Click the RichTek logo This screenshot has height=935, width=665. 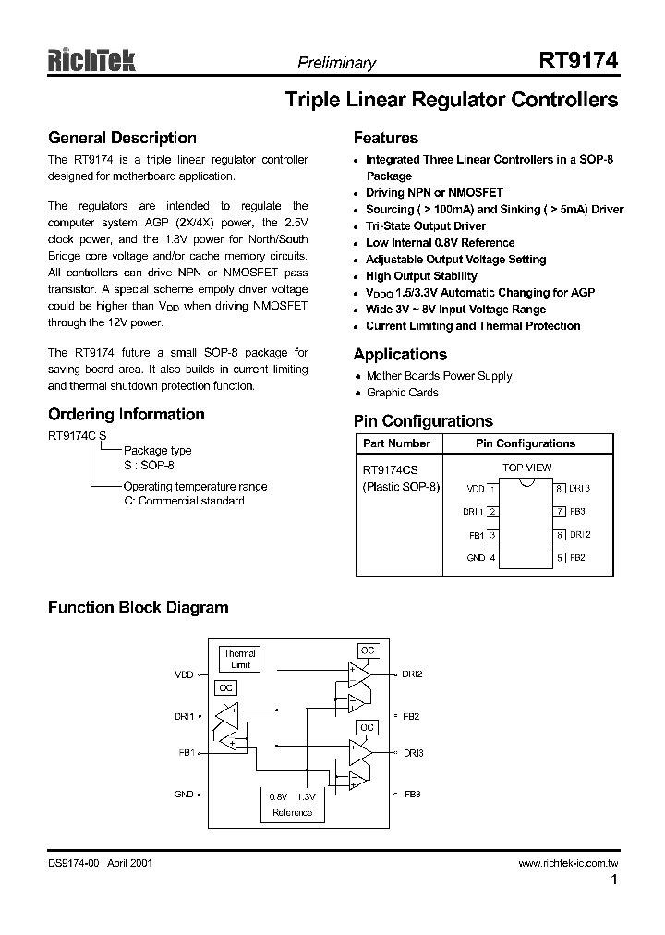coord(91,61)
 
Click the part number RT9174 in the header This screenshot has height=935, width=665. coord(578,61)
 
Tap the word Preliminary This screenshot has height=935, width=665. coord(336,63)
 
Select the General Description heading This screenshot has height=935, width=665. coord(122,139)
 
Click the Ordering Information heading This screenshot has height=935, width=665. coord(126,414)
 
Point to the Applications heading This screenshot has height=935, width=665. coord(400,354)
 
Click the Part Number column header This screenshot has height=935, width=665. coord(396,443)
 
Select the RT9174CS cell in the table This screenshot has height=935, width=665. coord(391,469)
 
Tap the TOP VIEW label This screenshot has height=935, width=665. coord(526,467)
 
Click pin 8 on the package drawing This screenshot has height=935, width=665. coord(560,488)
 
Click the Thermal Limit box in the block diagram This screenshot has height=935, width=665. coord(239,659)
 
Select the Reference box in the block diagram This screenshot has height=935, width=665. coord(292,803)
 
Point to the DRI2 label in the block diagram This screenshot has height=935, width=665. coord(412,674)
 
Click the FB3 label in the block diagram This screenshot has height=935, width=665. coord(412,794)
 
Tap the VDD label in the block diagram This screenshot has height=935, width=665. coord(184,674)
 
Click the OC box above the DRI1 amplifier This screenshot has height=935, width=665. coord(225,688)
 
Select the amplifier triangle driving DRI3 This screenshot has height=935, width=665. coord(359,753)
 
